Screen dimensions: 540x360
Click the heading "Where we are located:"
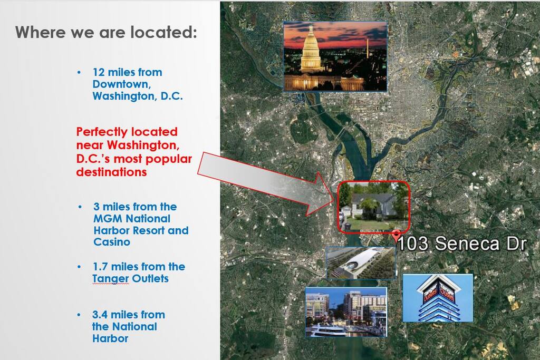click(106, 32)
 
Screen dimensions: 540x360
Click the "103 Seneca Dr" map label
click(462, 244)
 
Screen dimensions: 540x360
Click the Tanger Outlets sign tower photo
click(437, 298)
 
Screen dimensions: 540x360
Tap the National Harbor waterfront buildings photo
click(346, 312)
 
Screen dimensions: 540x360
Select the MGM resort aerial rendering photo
click(361, 262)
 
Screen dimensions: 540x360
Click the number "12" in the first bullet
click(99, 72)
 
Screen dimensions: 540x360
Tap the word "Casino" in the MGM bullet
click(112, 242)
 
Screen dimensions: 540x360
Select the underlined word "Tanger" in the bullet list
click(111, 278)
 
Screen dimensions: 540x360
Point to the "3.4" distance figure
click(100, 315)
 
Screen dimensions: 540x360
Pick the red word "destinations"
click(112, 172)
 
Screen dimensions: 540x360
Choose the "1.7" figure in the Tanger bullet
click(100, 267)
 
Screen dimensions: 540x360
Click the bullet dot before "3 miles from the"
click(80, 207)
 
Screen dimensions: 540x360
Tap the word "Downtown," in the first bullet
click(122, 84)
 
